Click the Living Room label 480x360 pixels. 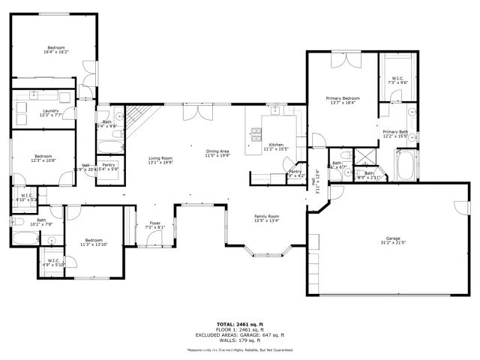click(x=160, y=160)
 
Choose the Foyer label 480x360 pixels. click(x=155, y=225)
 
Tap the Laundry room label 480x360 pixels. click(x=49, y=112)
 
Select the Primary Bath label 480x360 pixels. click(x=395, y=133)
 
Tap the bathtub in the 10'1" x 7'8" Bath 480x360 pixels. click(x=22, y=240)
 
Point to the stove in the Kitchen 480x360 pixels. click(x=256, y=135)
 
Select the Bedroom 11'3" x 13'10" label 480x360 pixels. click(x=95, y=241)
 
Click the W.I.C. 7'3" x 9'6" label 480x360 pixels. click(x=397, y=81)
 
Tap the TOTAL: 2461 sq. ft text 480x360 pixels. click(x=240, y=323)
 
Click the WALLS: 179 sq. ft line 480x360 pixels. click(x=240, y=341)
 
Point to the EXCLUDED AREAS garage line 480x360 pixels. click(x=240, y=335)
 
